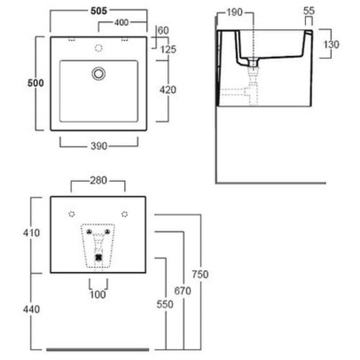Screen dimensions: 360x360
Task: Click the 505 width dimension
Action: coord(99,11)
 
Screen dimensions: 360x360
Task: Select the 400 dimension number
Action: coord(121,22)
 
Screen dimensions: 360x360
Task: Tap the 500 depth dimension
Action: coord(36,83)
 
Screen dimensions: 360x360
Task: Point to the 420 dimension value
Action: coord(168,90)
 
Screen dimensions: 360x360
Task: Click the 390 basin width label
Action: coord(99,146)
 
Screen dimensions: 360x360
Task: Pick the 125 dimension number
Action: coord(168,49)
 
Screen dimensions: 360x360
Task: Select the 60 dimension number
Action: coord(163,30)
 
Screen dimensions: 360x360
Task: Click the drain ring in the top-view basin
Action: coord(99,74)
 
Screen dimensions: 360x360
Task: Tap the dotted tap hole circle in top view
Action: coord(99,48)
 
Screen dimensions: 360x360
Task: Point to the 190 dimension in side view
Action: coord(234,12)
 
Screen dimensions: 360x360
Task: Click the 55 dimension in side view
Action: coord(309,11)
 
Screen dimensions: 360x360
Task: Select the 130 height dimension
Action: coord(331,44)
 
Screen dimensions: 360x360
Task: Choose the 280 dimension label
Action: coord(99,180)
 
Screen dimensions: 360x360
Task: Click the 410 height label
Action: coord(31,233)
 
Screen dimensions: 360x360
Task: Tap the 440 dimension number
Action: coord(31,309)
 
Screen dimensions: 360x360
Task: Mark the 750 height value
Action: coord(200,274)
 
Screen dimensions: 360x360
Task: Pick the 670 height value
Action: coord(183,291)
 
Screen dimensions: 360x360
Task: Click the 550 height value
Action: coord(165,305)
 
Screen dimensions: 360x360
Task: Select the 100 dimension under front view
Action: coord(98,295)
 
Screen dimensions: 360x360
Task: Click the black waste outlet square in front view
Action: coord(99,257)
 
